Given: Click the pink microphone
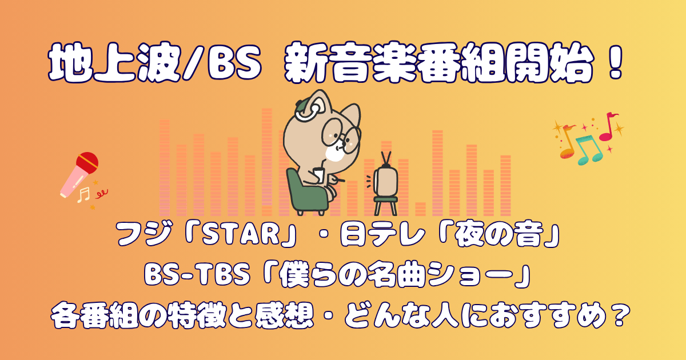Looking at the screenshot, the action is (x=79, y=174).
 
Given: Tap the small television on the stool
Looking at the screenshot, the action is (x=385, y=181).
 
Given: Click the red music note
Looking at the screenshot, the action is (x=609, y=126).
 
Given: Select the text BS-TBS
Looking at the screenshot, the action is (x=197, y=275).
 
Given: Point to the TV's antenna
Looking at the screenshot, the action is (x=386, y=159).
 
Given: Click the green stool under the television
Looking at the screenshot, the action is (x=385, y=206).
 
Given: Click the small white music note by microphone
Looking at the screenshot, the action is (x=83, y=195).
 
